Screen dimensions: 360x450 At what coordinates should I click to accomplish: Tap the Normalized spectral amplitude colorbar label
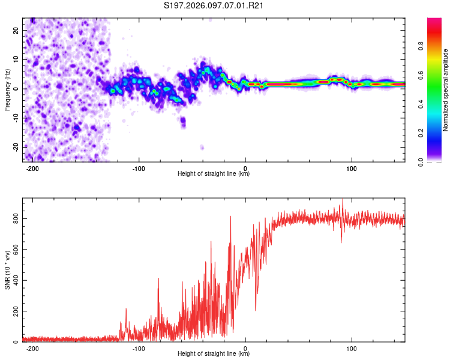pyautogui.click(x=445, y=90)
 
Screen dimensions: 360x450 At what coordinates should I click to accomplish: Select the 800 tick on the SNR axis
pyautogui.click(x=14, y=219)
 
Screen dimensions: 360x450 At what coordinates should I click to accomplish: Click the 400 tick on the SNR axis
pyautogui.click(x=14, y=281)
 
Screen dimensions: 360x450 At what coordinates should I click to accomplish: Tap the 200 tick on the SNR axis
pyautogui.click(x=14, y=311)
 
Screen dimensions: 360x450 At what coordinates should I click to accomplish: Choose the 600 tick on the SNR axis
pyautogui.click(x=14, y=250)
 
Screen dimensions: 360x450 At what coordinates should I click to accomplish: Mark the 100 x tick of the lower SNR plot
pyautogui.click(x=352, y=348)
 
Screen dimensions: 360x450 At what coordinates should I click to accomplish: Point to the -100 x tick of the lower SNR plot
pyautogui.click(x=139, y=348)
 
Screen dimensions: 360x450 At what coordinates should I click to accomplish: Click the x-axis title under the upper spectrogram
pyautogui.click(x=214, y=174)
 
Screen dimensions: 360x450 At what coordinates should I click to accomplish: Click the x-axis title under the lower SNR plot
pyautogui.click(x=214, y=354)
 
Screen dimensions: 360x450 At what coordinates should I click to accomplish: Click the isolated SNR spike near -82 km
pyautogui.click(x=158, y=280)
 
